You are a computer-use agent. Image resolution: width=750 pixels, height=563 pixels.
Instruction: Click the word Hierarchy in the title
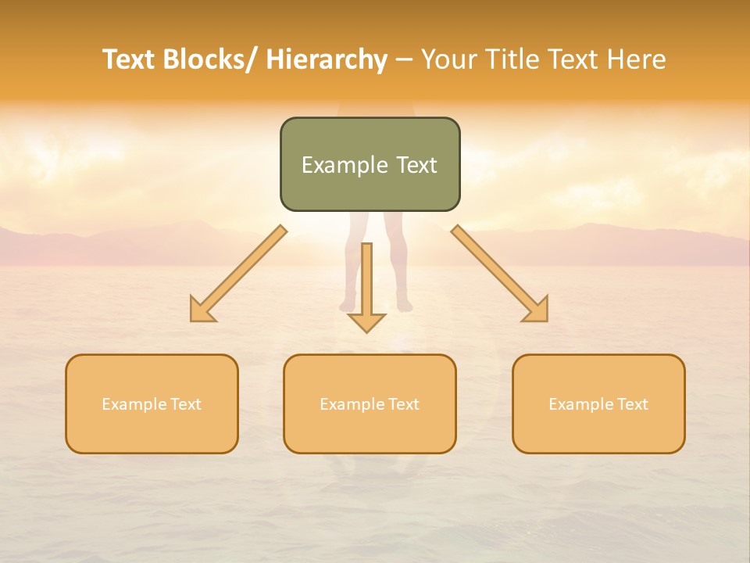[327, 59]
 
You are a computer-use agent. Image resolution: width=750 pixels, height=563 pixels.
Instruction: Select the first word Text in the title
[129, 59]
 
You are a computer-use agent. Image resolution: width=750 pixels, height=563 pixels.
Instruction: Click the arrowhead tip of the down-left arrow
[192, 320]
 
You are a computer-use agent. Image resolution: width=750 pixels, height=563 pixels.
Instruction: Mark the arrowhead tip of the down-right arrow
[546, 320]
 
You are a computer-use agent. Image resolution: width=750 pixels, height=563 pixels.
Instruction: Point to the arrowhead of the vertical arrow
[366, 324]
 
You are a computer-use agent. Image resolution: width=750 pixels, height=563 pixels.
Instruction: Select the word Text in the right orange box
[632, 404]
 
